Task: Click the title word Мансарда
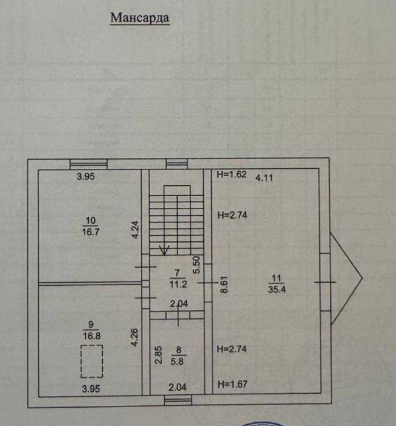click(140, 18)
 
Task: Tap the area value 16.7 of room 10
click(91, 232)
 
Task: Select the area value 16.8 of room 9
click(92, 336)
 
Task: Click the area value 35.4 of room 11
click(277, 289)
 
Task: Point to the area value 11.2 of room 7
click(178, 284)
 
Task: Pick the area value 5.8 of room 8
click(177, 361)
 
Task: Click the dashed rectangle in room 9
click(92, 361)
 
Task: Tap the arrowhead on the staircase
click(164, 250)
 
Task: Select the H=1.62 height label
click(232, 174)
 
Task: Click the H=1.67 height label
click(233, 384)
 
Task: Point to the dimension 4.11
click(264, 178)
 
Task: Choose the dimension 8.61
click(224, 285)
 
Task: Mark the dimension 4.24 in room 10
click(135, 230)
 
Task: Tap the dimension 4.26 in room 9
click(134, 338)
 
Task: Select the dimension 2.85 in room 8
click(158, 355)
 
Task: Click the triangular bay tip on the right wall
click(362, 278)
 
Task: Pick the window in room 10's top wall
click(89, 164)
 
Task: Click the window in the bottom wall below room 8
click(178, 400)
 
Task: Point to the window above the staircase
click(176, 164)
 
